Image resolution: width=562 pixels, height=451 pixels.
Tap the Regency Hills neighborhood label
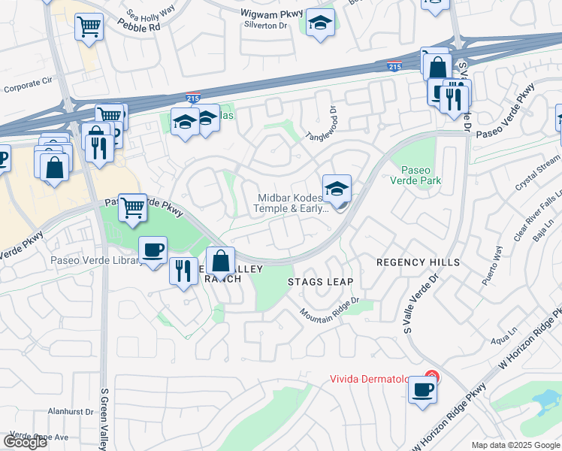pos(417,262)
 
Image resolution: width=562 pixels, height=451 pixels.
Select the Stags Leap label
pos(320,282)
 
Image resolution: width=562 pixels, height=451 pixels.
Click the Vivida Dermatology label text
pos(376,378)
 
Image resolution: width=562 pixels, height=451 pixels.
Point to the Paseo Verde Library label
pos(95,261)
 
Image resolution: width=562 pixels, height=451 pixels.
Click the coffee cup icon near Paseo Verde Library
pos(153,249)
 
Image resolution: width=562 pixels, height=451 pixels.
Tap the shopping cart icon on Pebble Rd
pos(89,27)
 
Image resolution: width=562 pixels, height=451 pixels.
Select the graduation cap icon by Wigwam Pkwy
pos(320,23)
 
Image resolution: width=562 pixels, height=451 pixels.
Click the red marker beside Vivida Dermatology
pos(431,376)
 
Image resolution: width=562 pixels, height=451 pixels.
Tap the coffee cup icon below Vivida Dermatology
pos(423,390)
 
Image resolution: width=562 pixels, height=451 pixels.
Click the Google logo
pos(26,442)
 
